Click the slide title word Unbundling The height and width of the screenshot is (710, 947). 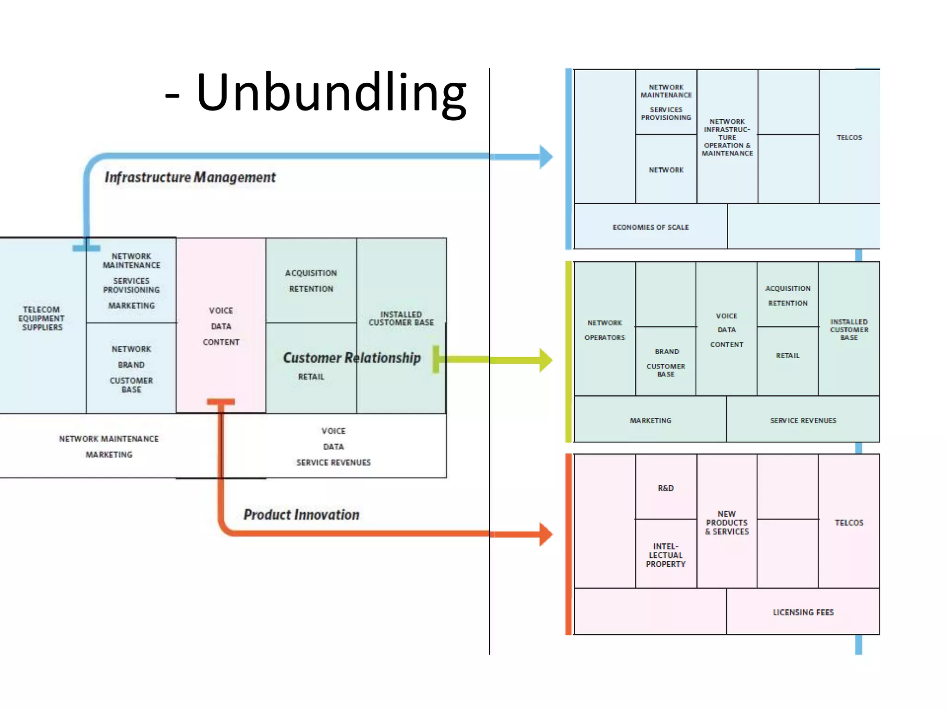[331, 92]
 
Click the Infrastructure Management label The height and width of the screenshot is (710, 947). [190, 177]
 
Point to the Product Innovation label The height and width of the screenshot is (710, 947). [301, 515]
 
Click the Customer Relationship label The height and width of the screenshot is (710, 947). [352, 358]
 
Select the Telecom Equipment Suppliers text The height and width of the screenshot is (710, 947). [42, 318]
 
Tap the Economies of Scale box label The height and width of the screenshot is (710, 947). [651, 227]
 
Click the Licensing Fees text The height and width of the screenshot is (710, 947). [803, 612]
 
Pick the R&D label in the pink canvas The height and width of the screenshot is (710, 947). [666, 488]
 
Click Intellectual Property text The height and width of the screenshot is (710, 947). [666, 555]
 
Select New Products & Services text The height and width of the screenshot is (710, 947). [727, 523]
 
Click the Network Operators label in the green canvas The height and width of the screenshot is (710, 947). [605, 330]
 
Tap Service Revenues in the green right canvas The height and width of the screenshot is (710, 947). [803, 421]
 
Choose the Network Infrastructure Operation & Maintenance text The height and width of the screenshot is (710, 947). [727, 137]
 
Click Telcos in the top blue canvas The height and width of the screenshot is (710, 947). [849, 138]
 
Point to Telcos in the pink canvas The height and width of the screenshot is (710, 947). [849, 523]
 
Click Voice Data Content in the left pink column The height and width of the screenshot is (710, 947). [221, 326]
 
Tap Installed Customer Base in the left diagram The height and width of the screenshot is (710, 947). [401, 318]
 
